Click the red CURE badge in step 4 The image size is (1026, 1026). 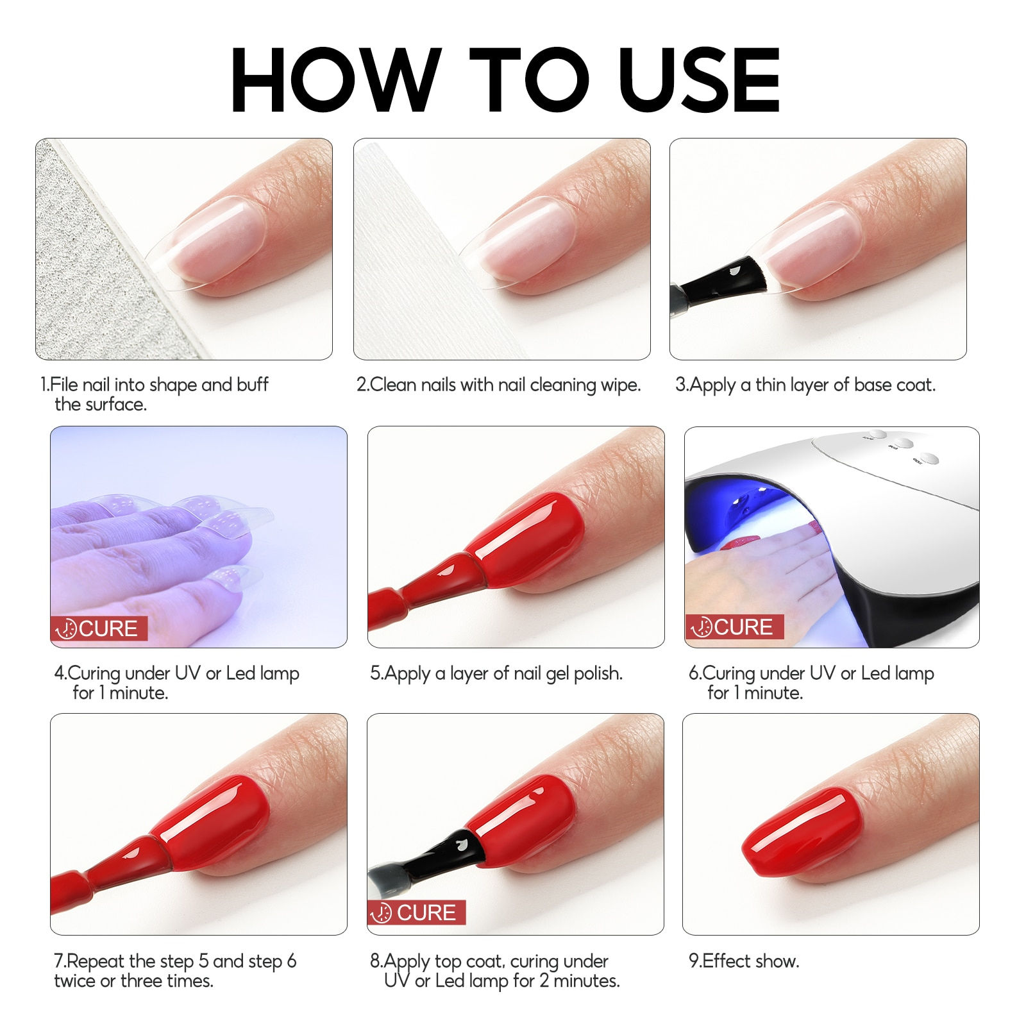(x=99, y=628)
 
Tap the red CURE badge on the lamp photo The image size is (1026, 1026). (x=734, y=627)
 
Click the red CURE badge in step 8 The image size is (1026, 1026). (x=417, y=912)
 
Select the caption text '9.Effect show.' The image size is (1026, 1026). (x=744, y=961)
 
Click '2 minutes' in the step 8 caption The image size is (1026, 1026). (x=580, y=980)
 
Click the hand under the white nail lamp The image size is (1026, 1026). (x=763, y=571)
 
